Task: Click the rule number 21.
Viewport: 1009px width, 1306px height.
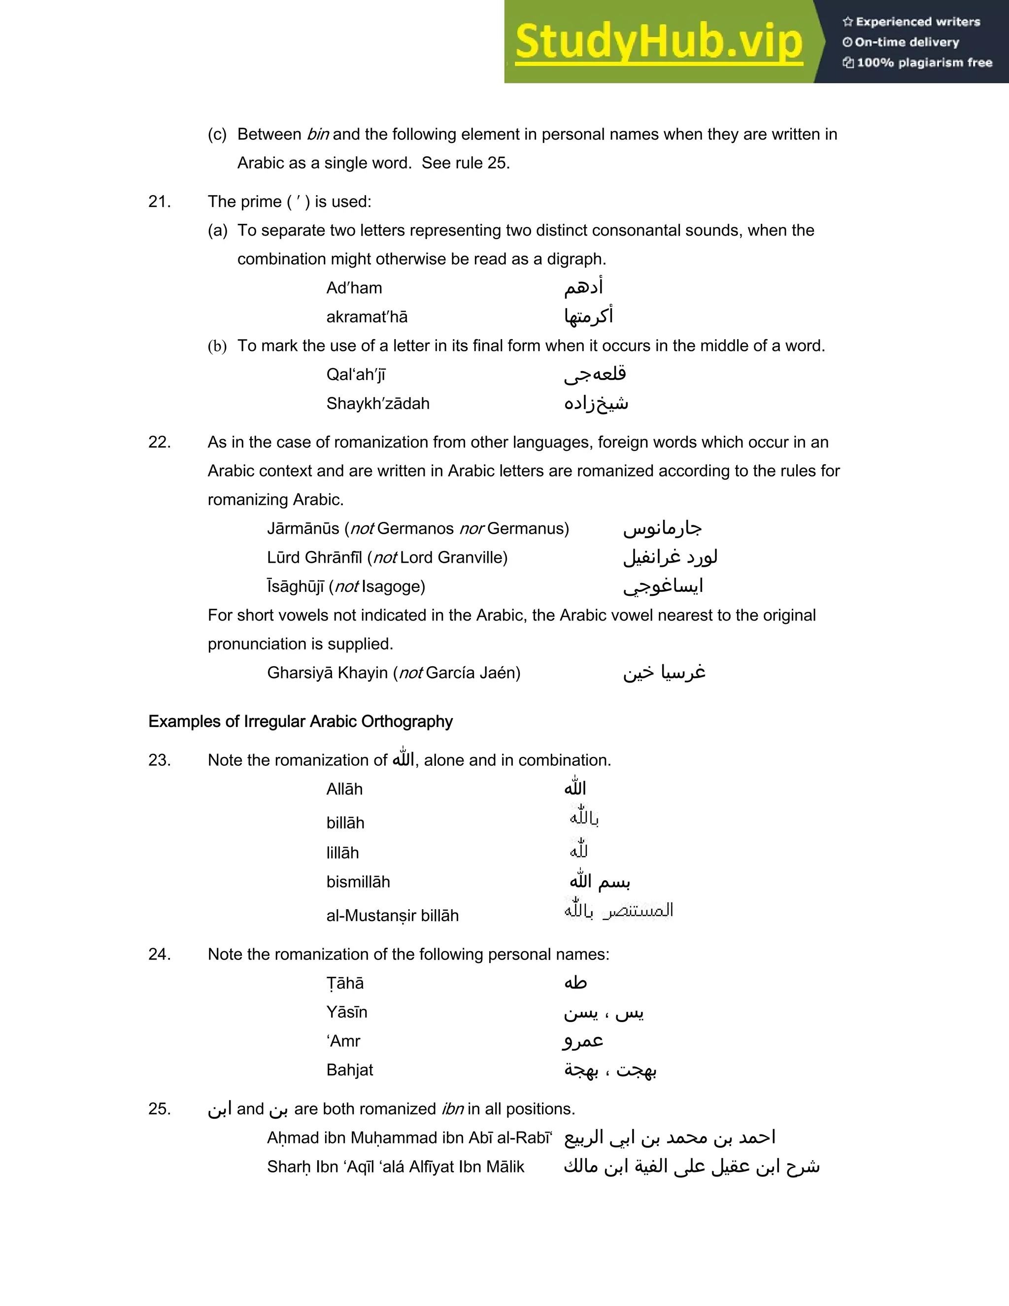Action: click(x=159, y=202)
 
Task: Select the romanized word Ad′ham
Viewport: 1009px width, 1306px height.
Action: click(x=354, y=288)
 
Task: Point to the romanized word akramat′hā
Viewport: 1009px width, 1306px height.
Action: click(x=367, y=317)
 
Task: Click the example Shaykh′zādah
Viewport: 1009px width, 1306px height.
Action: click(x=378, y=404)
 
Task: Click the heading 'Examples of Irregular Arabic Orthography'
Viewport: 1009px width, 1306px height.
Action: click(x=300, y=722)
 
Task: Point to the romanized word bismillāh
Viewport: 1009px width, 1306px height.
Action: click(x=358, y=882)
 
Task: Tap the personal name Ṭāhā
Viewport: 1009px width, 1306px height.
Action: click(x=345, y=984)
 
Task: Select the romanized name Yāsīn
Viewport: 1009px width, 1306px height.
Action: click(x=347, y=1012)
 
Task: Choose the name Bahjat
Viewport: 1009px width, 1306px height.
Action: click(x=350, y=1070)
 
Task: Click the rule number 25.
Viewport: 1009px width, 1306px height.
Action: click(x=159, y=1109)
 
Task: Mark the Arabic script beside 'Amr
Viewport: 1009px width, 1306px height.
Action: click(x=583, y=1041)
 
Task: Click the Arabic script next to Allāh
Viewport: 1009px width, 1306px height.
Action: click(x=575, y=788)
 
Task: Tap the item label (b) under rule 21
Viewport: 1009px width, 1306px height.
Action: click(x=217, y=346)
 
